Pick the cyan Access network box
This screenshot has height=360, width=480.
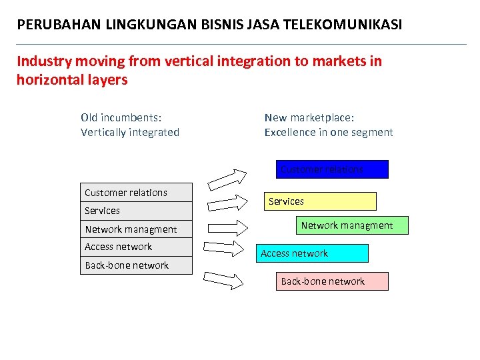click(312, 253)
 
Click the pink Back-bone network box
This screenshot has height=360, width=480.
click(331, 281)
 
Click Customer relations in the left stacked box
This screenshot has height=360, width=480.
click(126, 193)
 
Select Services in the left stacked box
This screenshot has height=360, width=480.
click(103, 211)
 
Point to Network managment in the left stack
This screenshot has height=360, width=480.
click(131, 229)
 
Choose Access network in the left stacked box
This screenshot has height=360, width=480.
click(119, 247)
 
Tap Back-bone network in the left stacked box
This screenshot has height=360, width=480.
click(127, 265)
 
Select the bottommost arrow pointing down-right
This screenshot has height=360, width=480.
click(224, 280)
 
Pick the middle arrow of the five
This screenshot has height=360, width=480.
click(224, 224)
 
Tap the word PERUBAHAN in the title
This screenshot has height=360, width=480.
click(59, 25)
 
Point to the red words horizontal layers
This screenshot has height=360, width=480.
click(72, 80)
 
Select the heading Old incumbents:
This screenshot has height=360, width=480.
click(121, 117)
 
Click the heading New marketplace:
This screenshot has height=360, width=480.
click(309, 117)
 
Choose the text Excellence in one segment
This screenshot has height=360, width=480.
click(329, 132)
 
